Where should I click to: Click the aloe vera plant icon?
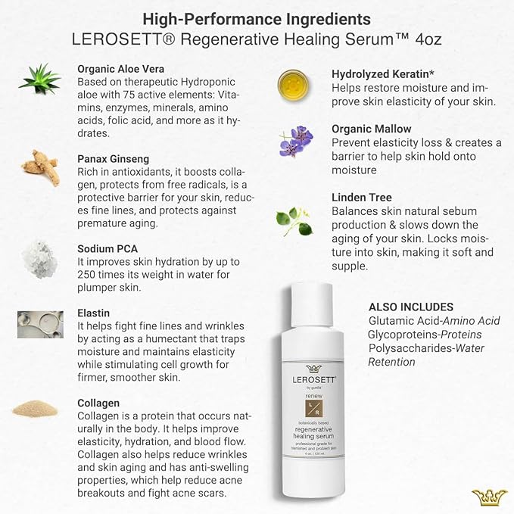(x=39, y=79)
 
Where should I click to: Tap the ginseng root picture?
(x=39, y=167)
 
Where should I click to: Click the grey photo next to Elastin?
(x=39, y=324)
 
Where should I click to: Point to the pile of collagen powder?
(x=36, y=409)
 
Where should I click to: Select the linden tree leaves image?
(x=294, y=220)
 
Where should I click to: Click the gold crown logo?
(x=489, y=497)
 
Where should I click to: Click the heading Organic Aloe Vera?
(x=121, y=69)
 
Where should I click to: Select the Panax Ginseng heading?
(x=114, y=159)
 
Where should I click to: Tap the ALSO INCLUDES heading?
(x=411, y=307)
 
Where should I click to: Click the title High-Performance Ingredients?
(x=257, y=18)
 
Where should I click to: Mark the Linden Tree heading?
(x=362, y=198)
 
